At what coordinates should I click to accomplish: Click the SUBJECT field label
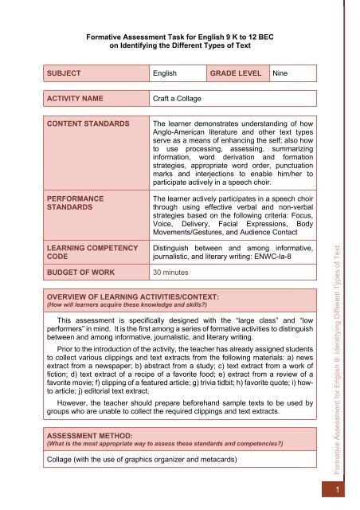(x=70, y=73)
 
